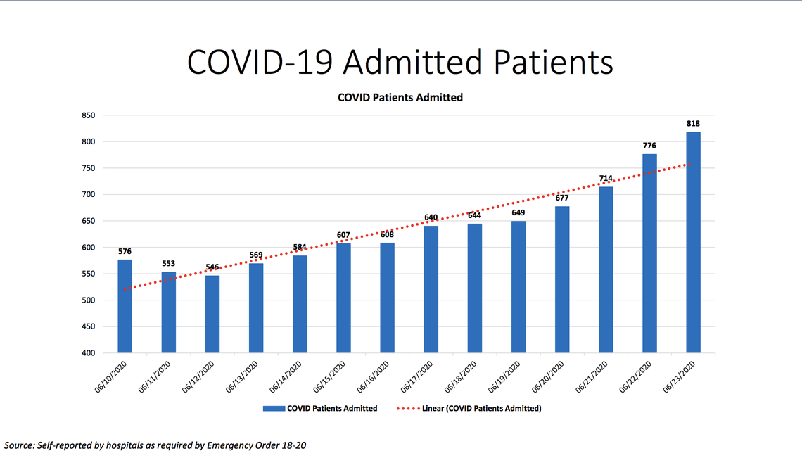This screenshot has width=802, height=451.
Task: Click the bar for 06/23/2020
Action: click(x=693, y=242)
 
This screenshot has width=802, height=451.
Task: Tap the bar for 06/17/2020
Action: click(x=431, y=289)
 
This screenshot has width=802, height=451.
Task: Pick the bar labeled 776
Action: click(x=649, y=253)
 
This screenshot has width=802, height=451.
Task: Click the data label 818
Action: click(x=693, y=124)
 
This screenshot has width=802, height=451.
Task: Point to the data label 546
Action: click(x=212, y=267)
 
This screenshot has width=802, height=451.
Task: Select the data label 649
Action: click(x=518, y=212)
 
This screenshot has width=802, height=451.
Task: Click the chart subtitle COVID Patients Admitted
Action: click(x=400, y=98)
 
